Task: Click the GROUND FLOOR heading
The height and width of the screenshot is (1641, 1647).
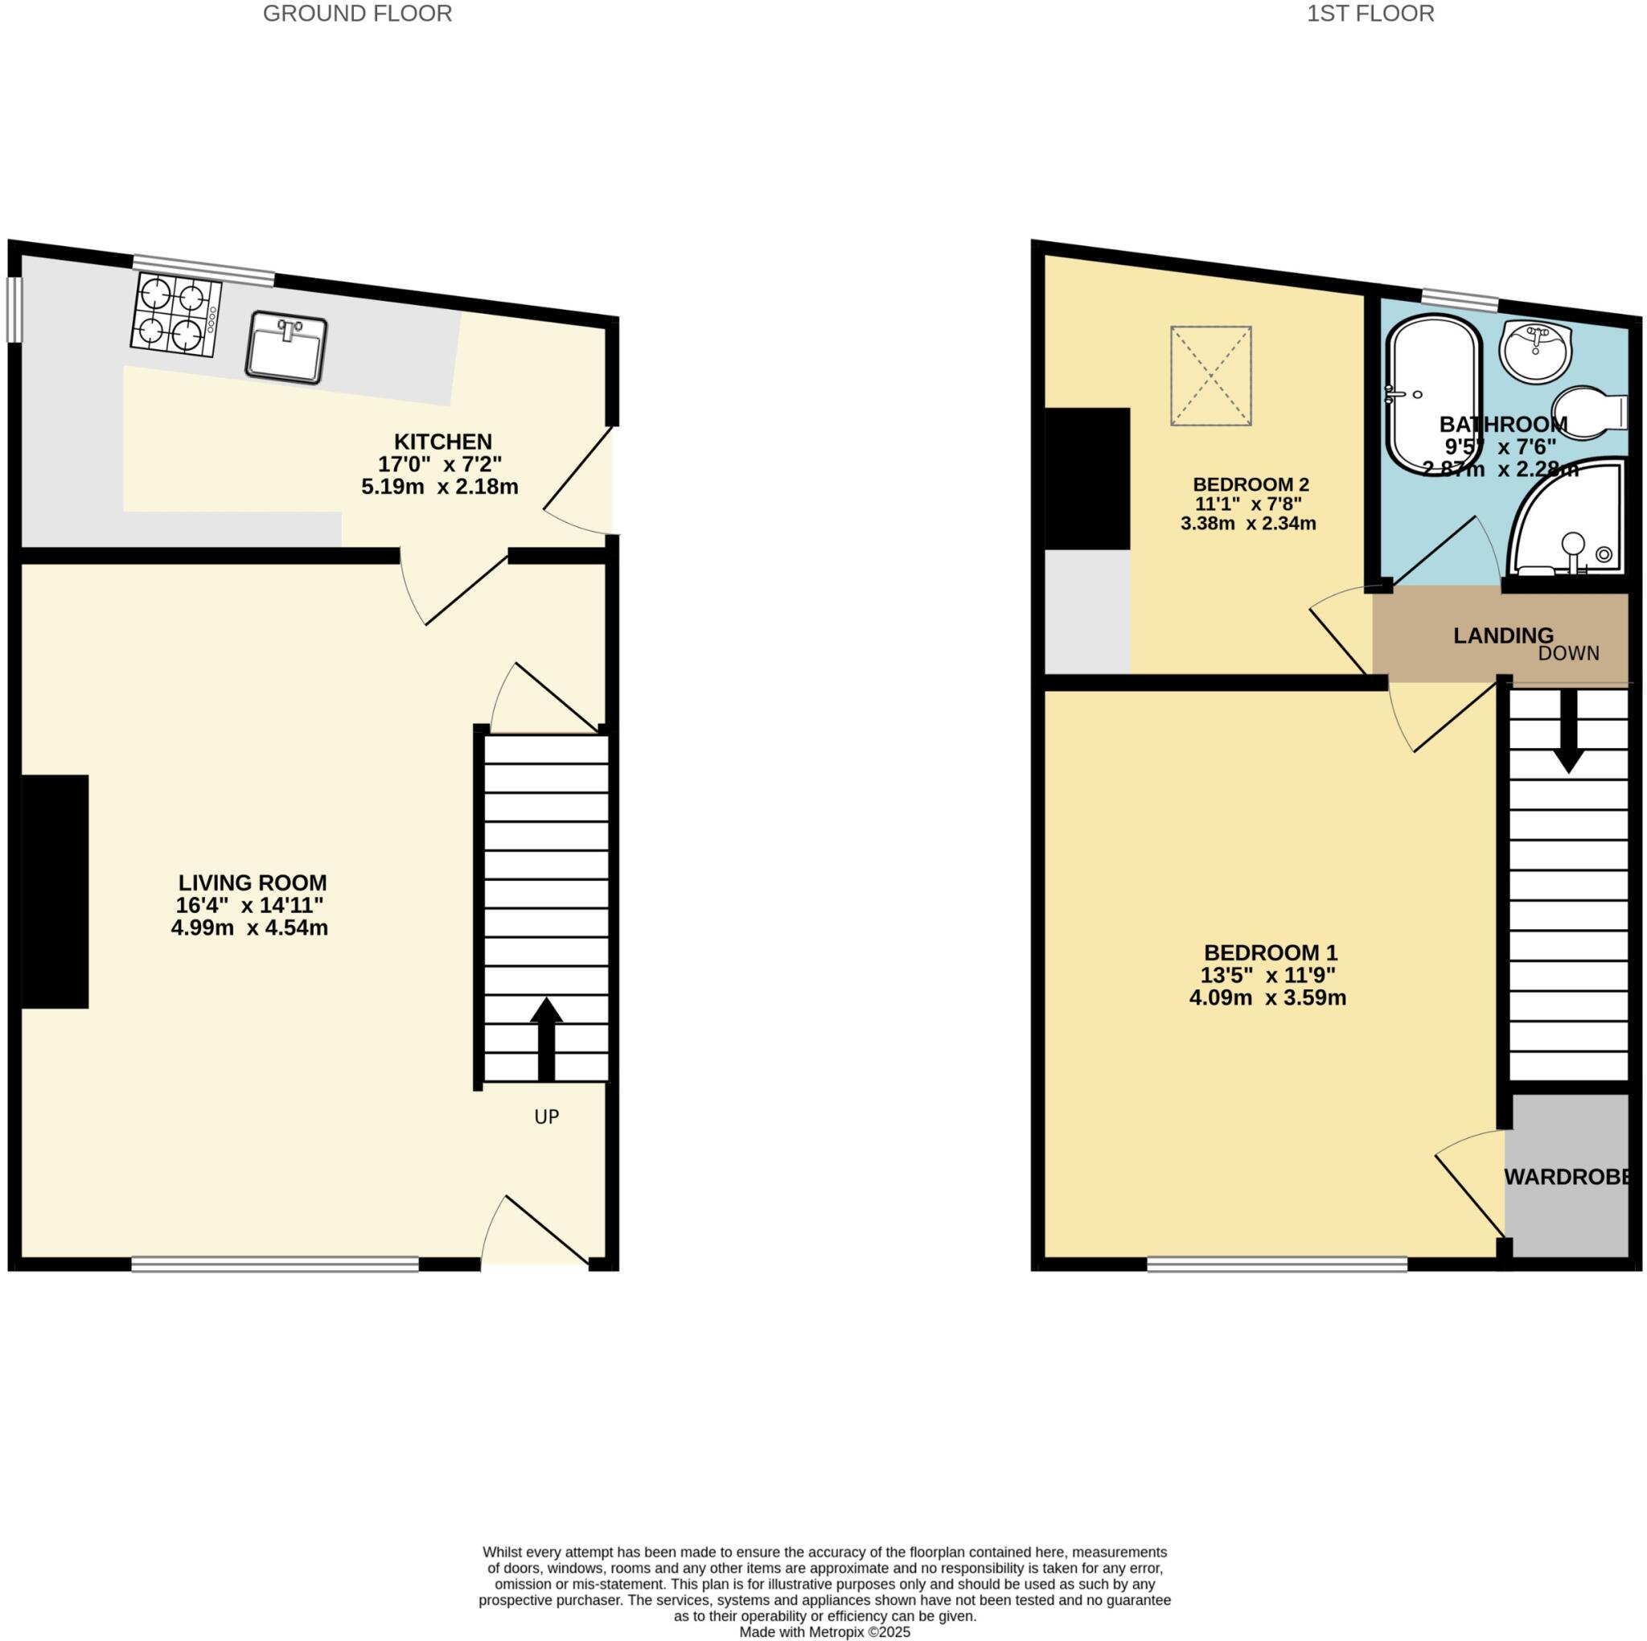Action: coord(357,14)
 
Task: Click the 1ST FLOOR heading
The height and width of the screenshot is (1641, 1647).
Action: coord(1370,14)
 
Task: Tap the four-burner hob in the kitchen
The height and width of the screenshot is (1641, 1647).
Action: coord(175,315)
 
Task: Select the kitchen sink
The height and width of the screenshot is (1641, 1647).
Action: coord(286,346)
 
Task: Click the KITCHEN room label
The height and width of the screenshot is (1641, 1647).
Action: coord(442,442)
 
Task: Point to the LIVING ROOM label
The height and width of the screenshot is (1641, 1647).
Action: coord(253,882)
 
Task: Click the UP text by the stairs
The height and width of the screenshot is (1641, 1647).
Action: coord(546,1117)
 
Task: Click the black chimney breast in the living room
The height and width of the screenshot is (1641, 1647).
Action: coord(55,891)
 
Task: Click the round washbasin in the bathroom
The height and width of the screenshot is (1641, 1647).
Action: coord(1536,351)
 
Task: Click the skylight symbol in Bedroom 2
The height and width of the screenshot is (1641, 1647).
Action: coord(1211,376)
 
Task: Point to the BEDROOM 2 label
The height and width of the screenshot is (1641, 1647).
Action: coord(1251,484)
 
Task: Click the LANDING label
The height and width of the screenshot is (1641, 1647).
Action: coord(1504,635)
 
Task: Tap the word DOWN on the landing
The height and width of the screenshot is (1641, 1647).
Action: coord(1568,653)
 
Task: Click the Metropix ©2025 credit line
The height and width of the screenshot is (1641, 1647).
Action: coord(824,1631)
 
